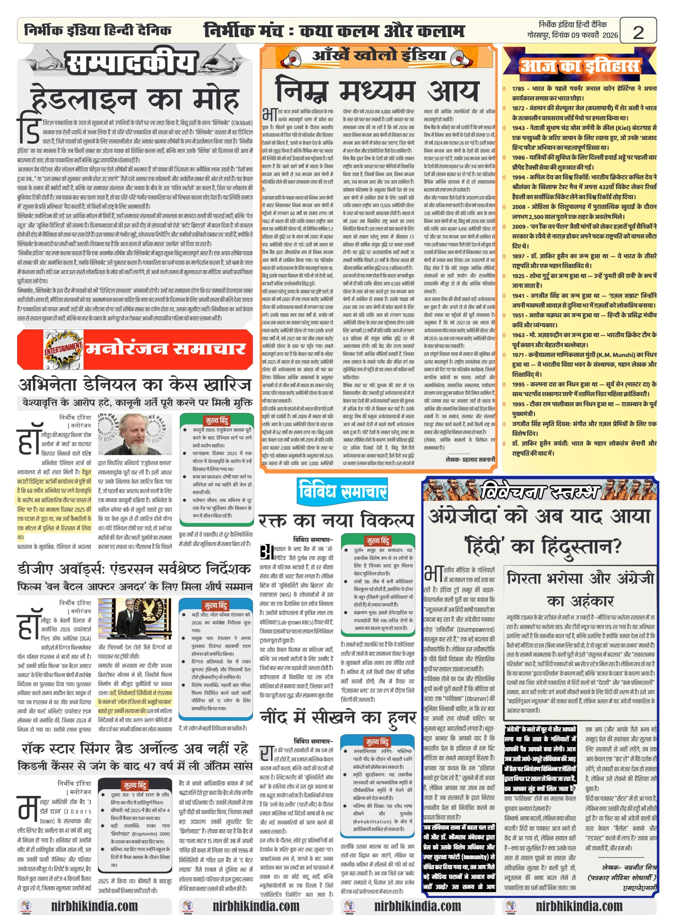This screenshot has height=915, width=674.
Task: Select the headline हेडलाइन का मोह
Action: click(135, 99)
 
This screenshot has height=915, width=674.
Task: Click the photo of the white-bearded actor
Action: click(134, 434)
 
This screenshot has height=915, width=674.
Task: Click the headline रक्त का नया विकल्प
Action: click(336, 520)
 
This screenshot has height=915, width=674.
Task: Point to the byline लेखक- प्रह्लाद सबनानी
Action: click(470, 459)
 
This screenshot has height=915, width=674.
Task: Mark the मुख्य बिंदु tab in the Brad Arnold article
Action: click(135, 785)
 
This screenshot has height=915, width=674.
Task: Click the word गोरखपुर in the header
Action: click(537, 35)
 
